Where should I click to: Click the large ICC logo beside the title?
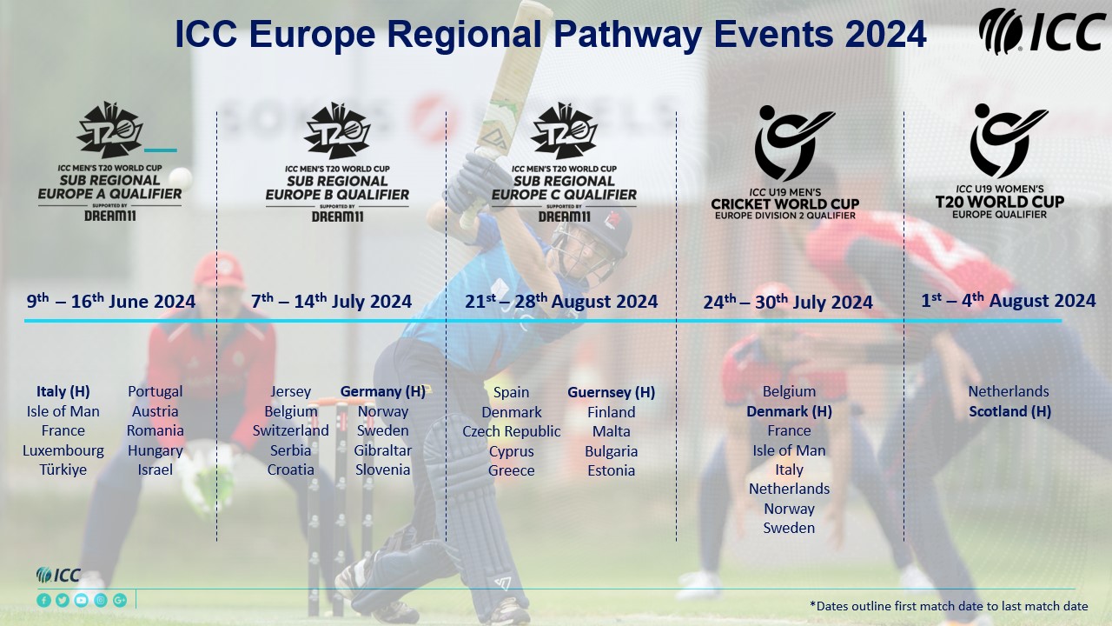click(x=1042, y=30)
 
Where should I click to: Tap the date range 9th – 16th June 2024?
click(x=110, y=301)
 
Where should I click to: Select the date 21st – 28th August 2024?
click(x=561, y=301)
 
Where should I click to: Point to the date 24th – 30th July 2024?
click(x=788, y=302)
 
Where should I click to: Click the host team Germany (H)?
click(x=383, y=391)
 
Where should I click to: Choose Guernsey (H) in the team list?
click(x=611, y=392)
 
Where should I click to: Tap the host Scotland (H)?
click(x=1009, y=411)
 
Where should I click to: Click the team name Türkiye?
click(x=63, y=469)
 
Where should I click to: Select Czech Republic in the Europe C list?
click(x=512, y=431)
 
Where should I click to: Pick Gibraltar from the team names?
click(x=383, y=450)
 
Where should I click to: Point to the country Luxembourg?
click(x=63, y=450)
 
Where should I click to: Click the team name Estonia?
click(x=611, y=470)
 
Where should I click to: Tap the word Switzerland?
click(x=290, y=430)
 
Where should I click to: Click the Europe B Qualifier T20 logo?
click(x=338, y=162)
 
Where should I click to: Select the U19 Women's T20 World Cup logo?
click(x=1000, y=161)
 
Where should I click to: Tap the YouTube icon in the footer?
click(x=82, y=600)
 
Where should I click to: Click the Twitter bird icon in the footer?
click(x=63, y=600)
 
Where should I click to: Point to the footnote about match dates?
click(x=949, y=606)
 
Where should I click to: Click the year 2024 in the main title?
click(x=885, y=34)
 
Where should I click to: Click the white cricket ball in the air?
click(x=180, y=177)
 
